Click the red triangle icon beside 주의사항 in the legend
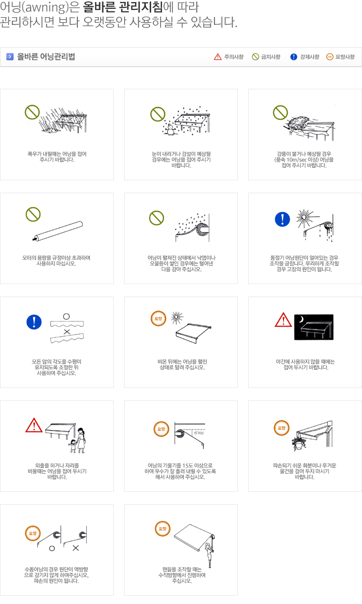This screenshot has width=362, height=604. click(218, 57)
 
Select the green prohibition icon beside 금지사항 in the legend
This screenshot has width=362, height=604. click(256, 57)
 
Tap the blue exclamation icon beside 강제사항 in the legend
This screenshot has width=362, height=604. click(294, 57)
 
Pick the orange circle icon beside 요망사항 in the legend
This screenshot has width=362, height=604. click(330, 57)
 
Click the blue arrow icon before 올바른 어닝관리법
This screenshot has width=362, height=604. click(10, 57)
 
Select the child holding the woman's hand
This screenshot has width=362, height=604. click(73, 446)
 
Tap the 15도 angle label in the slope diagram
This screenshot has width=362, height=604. click(199, 433)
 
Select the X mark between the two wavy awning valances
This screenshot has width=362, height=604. click(67, 332)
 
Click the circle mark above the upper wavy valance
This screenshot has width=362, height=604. click(66, 317)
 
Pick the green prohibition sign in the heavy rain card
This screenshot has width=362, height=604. click(32, 112)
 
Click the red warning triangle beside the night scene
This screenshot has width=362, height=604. click(284, 320)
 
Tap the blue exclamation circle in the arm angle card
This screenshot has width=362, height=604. click(34, 321)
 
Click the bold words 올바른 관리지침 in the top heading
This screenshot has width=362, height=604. click(123, 7)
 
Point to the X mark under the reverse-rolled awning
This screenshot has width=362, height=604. click(75, 548)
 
